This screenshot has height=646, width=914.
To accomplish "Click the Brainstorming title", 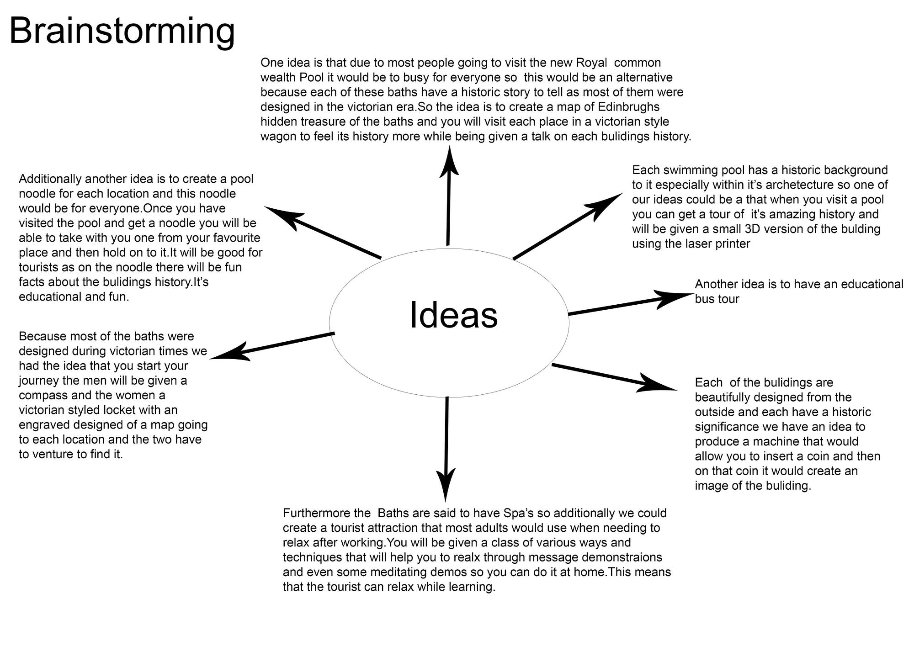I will pos(122,31).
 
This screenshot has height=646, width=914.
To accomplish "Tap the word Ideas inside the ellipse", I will pos(453,315).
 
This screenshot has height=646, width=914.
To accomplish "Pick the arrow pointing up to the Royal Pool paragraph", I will pos(449,196).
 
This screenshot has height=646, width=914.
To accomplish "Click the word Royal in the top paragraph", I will pos(592,63).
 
